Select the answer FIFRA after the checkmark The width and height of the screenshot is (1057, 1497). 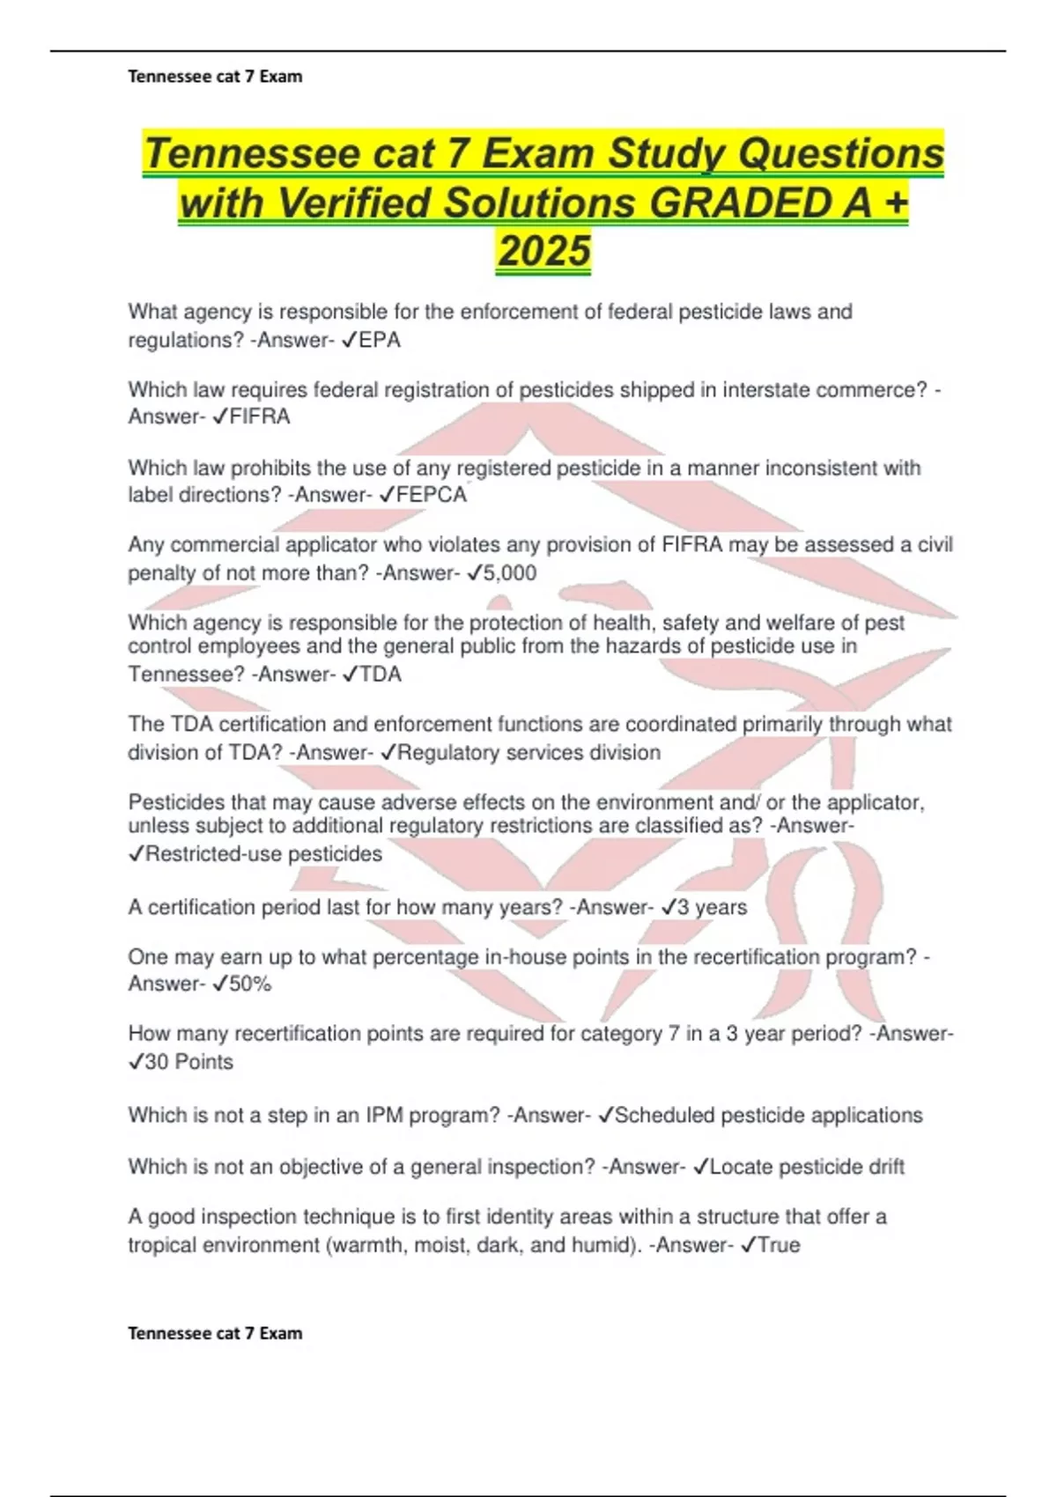click(x=259, y=417)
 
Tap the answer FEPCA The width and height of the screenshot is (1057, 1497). click(x=432, y=495)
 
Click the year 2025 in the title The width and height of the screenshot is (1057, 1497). click(x=543, y=251)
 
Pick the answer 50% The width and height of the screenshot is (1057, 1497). click(x=250, y=984)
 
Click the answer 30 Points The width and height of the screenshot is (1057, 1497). click(x=188, y=1062)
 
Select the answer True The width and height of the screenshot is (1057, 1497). click(x=779, y=1245)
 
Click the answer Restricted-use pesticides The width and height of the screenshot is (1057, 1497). click(x=262, y=854)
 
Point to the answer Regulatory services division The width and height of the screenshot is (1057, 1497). click(x=528, y=753)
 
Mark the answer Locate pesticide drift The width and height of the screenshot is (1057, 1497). click(x=806, y=1167)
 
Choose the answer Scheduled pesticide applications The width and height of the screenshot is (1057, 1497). click(x=768, y=1116)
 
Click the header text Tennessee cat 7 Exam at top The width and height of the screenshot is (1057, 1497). click(x=215, y=77)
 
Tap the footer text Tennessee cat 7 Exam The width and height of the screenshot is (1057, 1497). click(x=215, y=1333)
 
